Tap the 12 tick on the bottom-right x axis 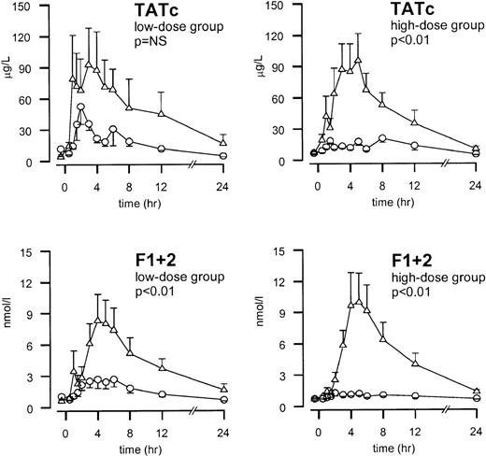pos(414,421)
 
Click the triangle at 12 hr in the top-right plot pos(414,123)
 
